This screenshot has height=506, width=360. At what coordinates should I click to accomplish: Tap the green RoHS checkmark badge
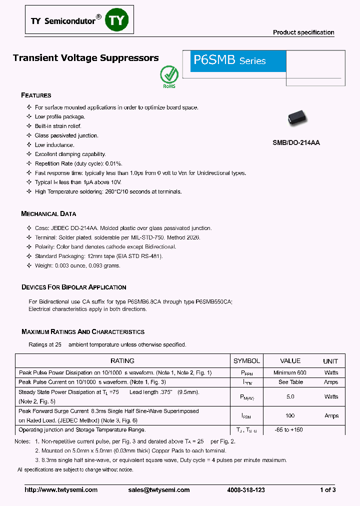(169, 75)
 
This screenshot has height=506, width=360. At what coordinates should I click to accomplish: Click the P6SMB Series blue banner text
(229, 60)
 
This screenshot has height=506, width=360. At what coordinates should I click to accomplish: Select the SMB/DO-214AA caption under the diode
(296, 142)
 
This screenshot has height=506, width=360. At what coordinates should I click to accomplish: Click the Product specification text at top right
(303, 32)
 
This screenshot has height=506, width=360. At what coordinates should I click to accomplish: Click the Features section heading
(36, 95)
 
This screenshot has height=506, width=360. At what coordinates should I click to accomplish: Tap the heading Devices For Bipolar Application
(73, 287)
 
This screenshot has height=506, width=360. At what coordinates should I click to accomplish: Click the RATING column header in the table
(122, 360)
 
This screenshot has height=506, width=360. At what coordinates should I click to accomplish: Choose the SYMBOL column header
(246, 360)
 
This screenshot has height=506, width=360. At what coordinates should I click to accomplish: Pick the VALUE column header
(290, 360)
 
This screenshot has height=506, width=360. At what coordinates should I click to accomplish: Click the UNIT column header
(330, 361)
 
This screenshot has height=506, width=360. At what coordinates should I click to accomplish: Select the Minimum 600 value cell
(290, 372)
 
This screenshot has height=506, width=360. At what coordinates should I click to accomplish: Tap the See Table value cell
(290, 382)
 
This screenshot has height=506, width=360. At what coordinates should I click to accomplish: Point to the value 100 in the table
(290, 415)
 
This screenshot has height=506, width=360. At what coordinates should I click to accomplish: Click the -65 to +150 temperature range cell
(289, 430)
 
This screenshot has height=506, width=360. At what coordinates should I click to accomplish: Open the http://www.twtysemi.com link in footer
(61, 490)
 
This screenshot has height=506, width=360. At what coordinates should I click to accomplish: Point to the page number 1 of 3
(327, 490)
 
